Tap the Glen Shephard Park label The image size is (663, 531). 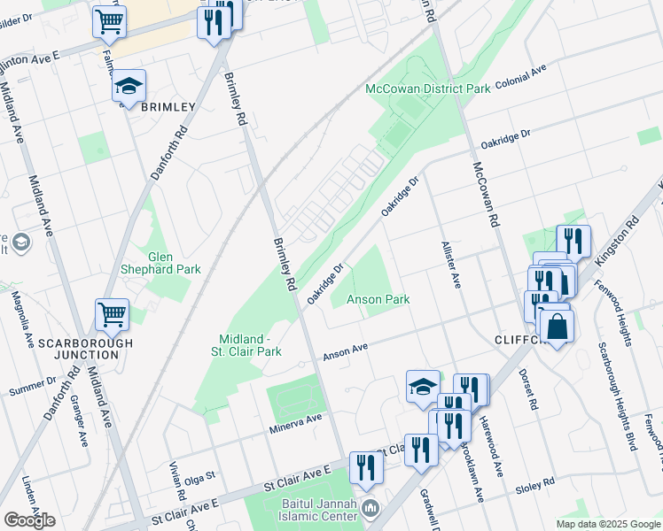click(161, 262)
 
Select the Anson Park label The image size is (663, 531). click(378, 299)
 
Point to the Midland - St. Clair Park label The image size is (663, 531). click(250, 345)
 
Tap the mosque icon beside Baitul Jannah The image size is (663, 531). click(370, 509)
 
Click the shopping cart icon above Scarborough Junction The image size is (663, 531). click(113, 314)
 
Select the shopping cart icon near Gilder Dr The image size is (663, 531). click(109, 21)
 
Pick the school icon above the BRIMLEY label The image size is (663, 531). click(129, 86)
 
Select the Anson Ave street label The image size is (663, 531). click(346, 352)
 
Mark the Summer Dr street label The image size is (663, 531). click(32, 387)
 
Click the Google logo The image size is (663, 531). click(29, 519)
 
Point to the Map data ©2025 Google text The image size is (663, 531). click(607, 524)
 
